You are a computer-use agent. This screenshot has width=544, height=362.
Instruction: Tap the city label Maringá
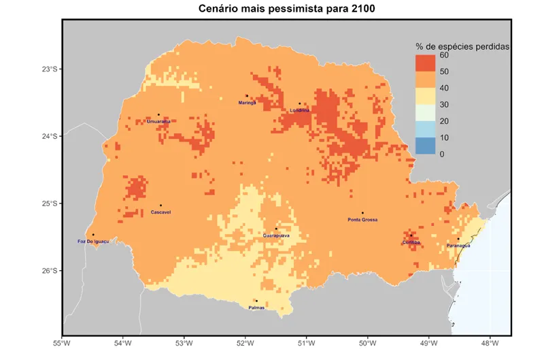(x=248, y=103)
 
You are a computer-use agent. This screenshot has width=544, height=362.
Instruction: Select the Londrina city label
(x=299, y=110)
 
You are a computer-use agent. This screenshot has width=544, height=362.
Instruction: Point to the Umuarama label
(x=158, y=122)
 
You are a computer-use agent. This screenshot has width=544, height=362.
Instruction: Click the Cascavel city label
(x=160, y=212)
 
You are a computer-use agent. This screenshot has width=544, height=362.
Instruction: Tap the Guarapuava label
(x=276, y=235)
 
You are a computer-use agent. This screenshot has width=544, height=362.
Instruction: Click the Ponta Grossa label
(x=362, y=220)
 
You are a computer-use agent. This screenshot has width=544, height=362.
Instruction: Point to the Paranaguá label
(x=458, y=245)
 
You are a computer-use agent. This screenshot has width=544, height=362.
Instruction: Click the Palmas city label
(x=256, y=308)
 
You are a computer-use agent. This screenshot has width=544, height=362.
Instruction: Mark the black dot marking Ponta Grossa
(x=362, y=213)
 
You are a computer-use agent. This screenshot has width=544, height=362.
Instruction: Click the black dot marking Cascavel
(x=160, y=205)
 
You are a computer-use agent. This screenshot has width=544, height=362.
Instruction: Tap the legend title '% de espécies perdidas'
(x=463, y=46)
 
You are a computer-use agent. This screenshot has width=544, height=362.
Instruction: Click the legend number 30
(x=443, y=104)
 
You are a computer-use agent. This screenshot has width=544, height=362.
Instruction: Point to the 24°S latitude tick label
(x=50, y=136)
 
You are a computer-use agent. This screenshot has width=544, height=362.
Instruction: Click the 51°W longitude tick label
(x=306, y=342)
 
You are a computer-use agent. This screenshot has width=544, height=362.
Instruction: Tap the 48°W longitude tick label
(x=490, y=342)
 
